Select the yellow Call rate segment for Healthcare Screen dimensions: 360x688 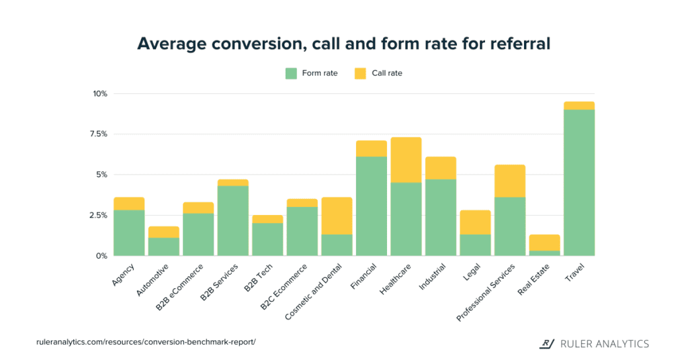pos(406,160)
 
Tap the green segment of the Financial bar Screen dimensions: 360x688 pos(372,206)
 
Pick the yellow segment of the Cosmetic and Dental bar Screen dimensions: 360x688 pos(337,216)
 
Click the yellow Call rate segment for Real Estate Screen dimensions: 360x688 pos(544,242)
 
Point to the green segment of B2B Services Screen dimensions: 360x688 pos(232,221)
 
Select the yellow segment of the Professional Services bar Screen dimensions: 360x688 pos(510,181)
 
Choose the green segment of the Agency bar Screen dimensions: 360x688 pos(129,233)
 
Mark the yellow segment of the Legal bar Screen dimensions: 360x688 pos(475,222)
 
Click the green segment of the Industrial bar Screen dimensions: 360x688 pos(441,218)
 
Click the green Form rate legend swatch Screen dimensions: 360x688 pos(291,73)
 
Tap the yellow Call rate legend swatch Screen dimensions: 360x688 pos(360,73)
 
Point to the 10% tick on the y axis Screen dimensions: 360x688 pos(100,93)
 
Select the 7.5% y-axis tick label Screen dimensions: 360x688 pos(98,134)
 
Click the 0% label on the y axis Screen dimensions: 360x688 pos(101,256)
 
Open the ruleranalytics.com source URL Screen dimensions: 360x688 pos(146,342)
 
